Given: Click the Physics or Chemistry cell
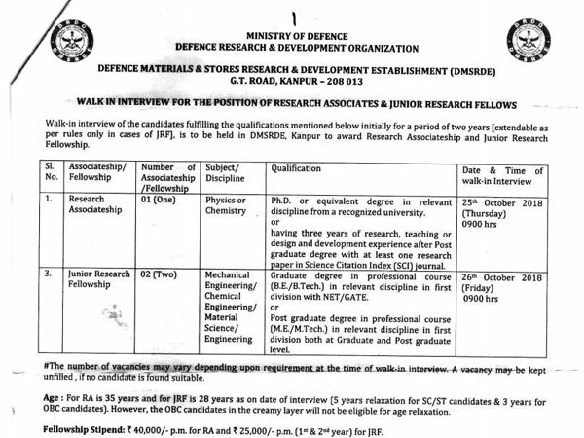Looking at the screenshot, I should (x=227, y=205).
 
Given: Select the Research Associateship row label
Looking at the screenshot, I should (x=100, y=205).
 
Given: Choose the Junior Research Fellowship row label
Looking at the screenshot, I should (x=100, y=281).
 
